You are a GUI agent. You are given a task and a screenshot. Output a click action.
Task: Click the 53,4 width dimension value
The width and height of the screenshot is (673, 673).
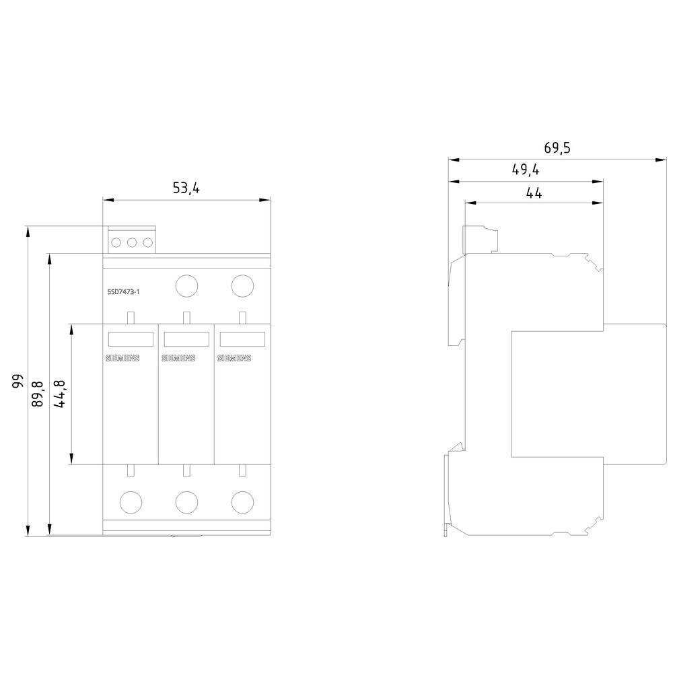coord(186,188)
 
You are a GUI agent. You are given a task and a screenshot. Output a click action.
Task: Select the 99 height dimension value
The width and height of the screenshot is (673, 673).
coord(17,381)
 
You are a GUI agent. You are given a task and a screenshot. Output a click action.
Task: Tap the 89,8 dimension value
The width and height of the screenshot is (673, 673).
coord(38,394)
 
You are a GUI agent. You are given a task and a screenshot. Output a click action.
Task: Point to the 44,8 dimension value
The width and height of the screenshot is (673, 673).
coord(59,394)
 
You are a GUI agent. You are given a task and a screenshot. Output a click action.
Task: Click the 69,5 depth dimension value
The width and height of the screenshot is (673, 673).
coord(557,147)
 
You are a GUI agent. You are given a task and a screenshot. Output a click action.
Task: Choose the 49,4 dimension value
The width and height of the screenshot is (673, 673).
coord(526,170)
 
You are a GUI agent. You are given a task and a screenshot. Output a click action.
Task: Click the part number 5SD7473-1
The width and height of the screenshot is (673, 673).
coord(123,292)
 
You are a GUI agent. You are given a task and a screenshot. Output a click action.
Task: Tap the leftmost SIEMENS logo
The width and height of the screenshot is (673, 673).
coord(122,358)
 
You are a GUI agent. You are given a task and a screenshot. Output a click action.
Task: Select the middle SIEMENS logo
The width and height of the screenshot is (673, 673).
coord(178,358)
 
